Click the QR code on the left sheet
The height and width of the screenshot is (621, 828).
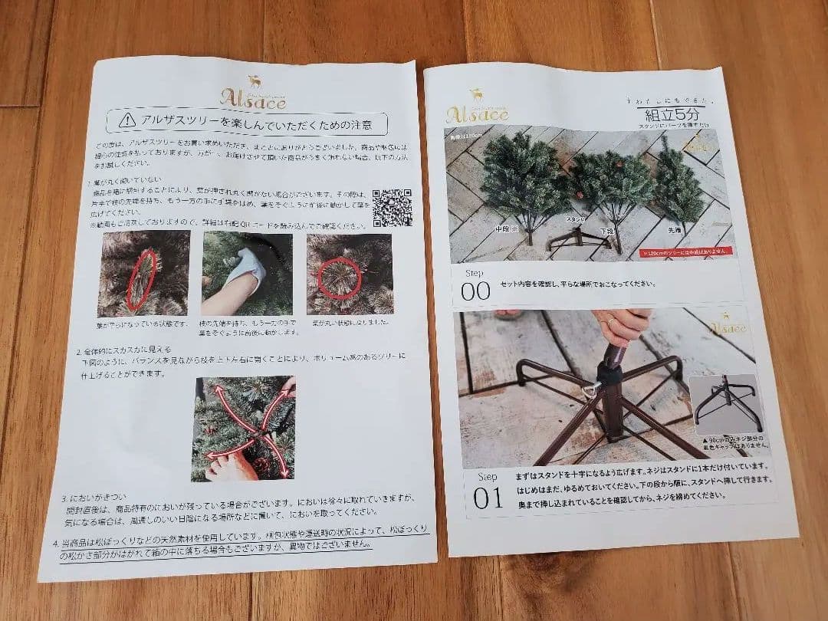pos(392,207)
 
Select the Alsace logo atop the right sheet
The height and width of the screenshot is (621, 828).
pos(478,112)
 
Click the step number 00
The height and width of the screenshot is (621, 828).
pos(475,291)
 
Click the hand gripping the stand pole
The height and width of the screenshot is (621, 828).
pos(622,327)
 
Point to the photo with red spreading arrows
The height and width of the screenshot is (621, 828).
pos(243,429)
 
